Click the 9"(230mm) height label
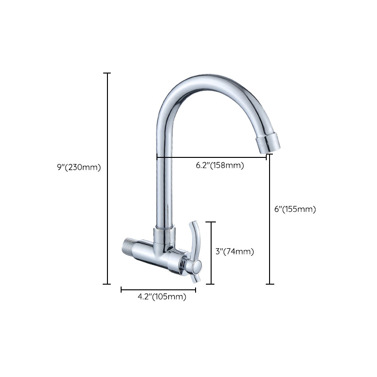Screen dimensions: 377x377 [x=78, y=167]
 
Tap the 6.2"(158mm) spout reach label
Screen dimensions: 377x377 [x=220, y=165]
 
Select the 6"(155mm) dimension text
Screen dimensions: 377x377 [x=295, y=209]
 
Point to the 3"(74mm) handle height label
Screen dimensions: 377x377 [x=235, y=252]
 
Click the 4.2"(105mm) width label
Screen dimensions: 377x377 [x=162, y=296]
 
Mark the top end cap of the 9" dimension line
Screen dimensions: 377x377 [x=107, y=74]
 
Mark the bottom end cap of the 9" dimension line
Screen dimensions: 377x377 [x=107, y=284]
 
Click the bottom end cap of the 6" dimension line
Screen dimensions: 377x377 [x=270, y=284]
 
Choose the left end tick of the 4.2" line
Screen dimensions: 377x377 [x=122, y=289]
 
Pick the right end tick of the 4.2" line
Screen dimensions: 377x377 [x=195, y=289]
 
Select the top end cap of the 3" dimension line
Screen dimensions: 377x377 [x=210, y=222]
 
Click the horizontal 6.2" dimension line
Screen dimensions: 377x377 [x=212, y=157]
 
